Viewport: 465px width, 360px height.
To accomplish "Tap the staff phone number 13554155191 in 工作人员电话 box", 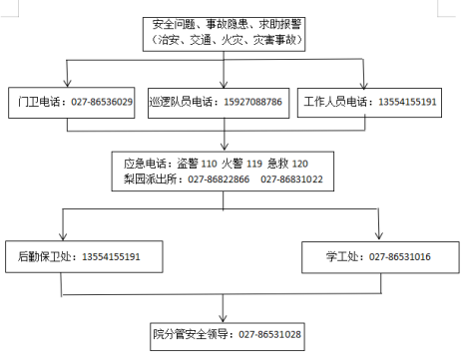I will point(407,103).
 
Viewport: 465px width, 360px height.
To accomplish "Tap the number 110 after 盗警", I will point(210,163).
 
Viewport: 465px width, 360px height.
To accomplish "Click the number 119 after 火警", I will point(254,163).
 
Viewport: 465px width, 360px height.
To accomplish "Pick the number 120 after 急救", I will point(300,163).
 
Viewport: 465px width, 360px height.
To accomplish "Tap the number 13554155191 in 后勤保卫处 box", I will point(110,257).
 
